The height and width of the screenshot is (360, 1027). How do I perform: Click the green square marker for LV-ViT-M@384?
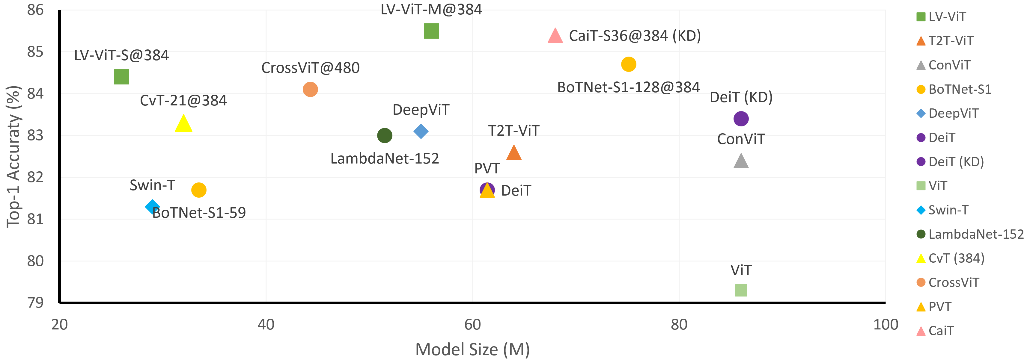click(x=431, y=31)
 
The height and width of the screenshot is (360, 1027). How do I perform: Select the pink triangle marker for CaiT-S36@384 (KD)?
click(x=555, y=36)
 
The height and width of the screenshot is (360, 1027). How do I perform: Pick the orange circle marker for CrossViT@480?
click(x=310, y=89)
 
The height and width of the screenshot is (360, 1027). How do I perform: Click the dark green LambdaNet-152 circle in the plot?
click(x=384, y=135)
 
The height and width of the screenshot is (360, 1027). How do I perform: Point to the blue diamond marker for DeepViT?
click(x=421, y=131)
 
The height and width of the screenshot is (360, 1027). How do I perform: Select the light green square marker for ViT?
click(x=741, y=290)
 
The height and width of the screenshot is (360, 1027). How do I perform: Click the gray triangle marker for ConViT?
click(x=741, y=162)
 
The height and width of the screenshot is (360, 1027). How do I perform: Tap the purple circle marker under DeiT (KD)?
click(x=741, y=118)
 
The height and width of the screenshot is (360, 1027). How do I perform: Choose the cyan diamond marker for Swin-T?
click(x=152, y=206)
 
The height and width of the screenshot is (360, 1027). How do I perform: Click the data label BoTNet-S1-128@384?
click(x=628, y=87)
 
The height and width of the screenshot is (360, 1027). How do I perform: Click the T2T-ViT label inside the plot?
click(x=513, y=131)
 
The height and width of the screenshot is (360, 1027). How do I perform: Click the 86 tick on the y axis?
click(x=35, y=10)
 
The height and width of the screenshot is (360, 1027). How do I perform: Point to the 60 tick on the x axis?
click(x=472, y=325)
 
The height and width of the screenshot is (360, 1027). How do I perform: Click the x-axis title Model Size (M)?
click(x=472, y=349)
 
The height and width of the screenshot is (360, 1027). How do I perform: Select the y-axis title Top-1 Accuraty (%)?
click(x=13, y=157)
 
